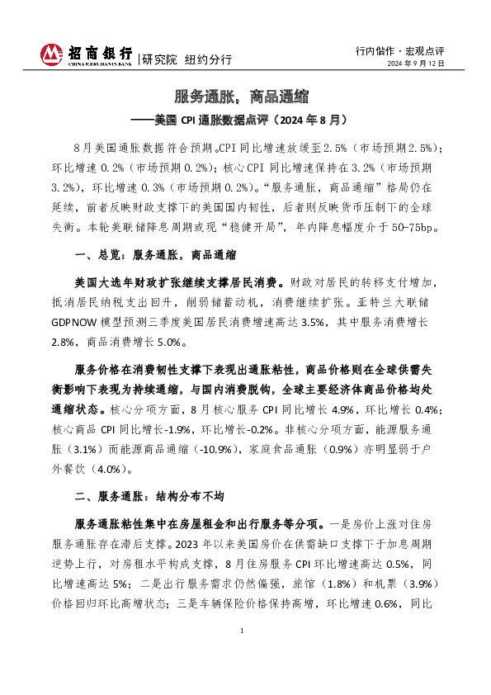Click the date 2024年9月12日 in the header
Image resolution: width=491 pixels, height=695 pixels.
(417, 64)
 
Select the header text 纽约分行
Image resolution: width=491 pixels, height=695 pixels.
(207, 59)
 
